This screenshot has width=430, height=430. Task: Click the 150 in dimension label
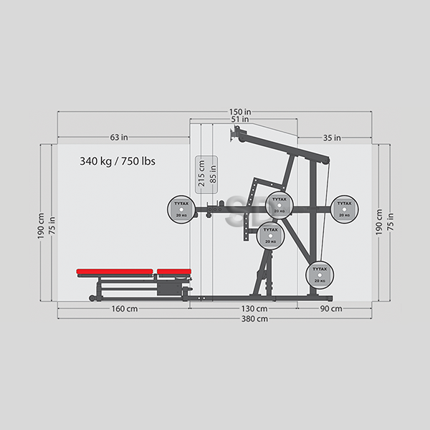(240, 112)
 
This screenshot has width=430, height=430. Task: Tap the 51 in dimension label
(240, 119)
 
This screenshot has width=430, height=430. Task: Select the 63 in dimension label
(119, 137)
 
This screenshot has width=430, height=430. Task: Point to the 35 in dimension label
(332, 138)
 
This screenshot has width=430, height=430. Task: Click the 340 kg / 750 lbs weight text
(118, 161)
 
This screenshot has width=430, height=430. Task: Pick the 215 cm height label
(201, 173)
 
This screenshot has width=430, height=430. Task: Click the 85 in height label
(213, 174)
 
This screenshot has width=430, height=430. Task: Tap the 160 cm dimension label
(125, 309)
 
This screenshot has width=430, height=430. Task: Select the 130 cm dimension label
(254, 309)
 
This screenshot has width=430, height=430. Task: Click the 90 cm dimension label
(331, 309)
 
